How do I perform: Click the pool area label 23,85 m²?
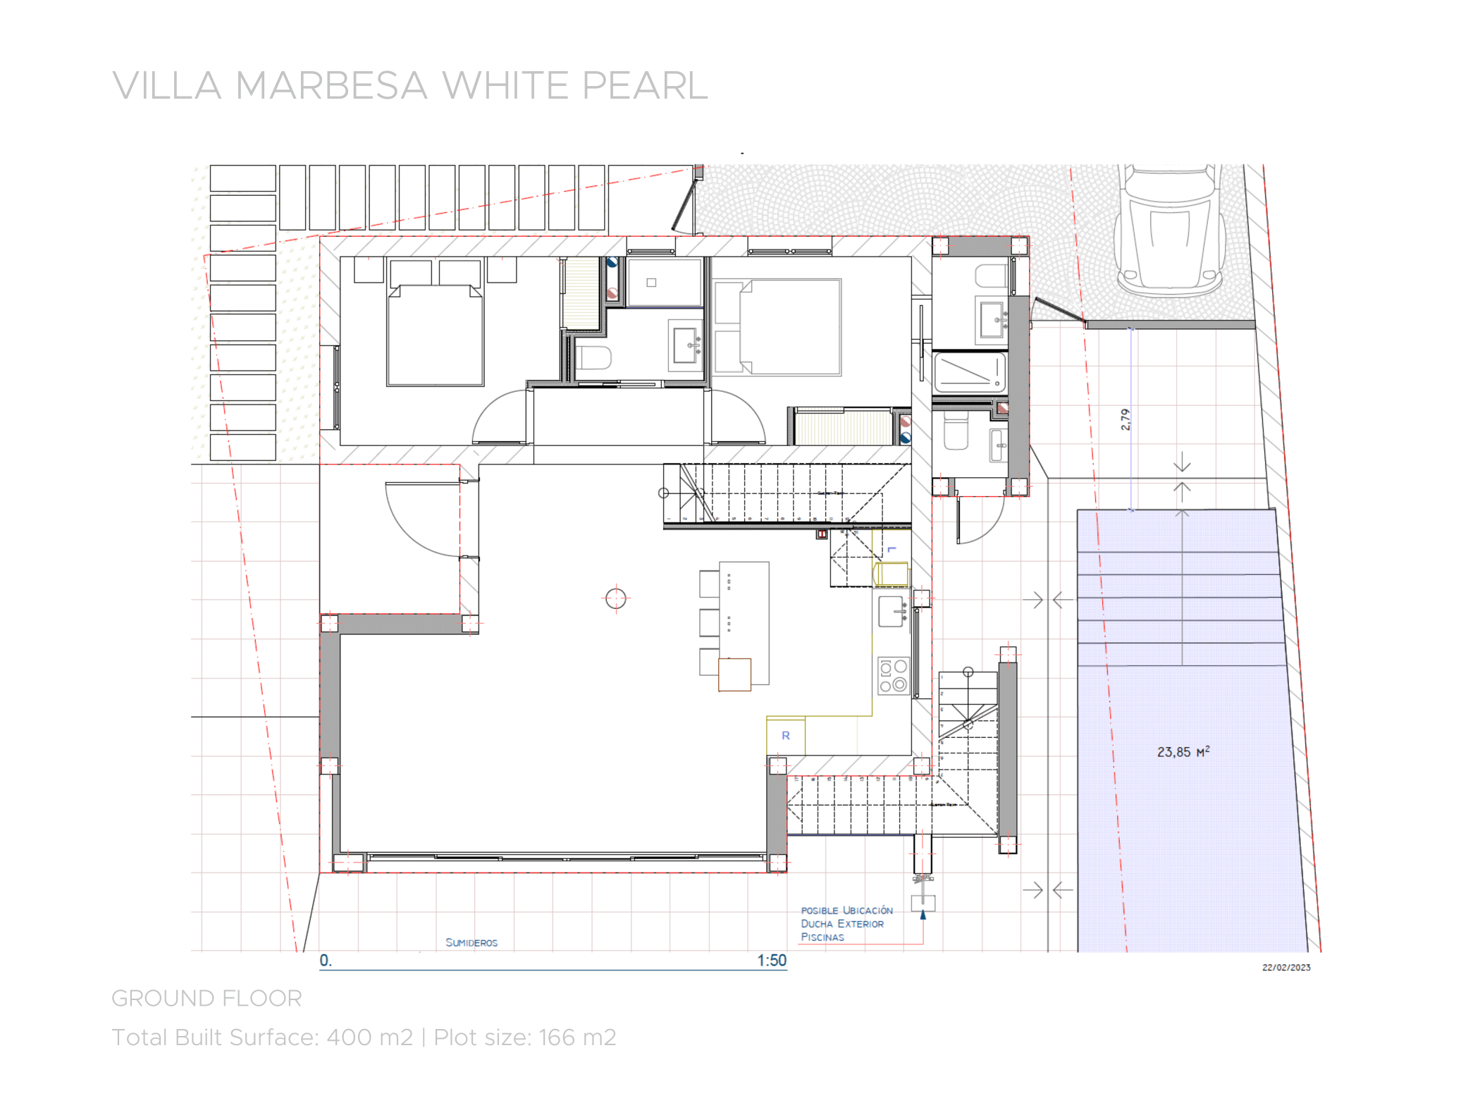[1183, 752]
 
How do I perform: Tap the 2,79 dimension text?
[1126, 420]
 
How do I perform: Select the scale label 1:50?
[771, 961]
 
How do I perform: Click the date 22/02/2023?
[1285, 968]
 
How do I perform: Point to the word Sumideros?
[471, 943]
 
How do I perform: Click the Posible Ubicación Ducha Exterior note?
[846, 924]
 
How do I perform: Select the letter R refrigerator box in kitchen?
[785, 736]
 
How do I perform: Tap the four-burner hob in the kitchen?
[893, 676]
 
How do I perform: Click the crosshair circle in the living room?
[615, 599]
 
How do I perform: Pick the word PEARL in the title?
[644, 86]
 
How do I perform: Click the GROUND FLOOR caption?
[206, 999]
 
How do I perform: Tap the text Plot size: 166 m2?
[524, 1037]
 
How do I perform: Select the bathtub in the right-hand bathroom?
[968, 372]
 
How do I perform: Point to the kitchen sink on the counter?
[892, 611]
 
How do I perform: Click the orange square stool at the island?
[734, 674]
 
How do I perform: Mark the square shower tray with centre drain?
[664, 283]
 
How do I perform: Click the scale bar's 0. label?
[325, 961]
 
